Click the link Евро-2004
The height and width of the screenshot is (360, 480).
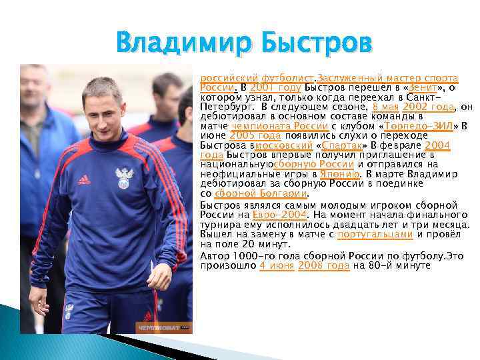280,215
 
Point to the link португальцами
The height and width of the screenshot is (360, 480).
375,235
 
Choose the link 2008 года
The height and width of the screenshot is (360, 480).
323,265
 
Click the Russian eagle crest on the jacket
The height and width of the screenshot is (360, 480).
123,177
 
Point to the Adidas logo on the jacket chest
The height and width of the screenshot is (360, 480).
84,179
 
